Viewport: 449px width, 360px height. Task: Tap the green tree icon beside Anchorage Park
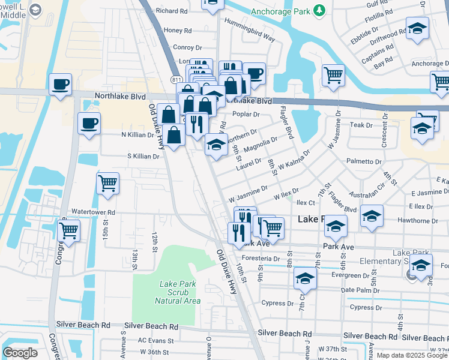click(320, 10)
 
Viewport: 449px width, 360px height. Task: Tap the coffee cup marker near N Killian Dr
click(89, 124)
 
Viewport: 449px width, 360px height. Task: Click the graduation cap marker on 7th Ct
click(305, 278)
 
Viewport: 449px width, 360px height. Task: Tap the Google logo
click(20, 353)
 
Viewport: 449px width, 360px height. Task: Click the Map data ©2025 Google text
click(412, 355)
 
